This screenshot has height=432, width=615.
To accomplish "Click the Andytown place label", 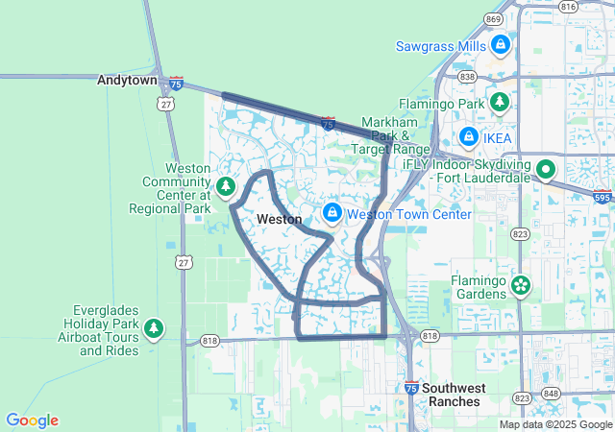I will click(127, 81).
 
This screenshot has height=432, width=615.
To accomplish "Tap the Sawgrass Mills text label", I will click(442, 46).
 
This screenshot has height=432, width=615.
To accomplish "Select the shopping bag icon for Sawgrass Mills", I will click(500, 45).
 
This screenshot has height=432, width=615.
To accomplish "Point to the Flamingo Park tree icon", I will click(499, 101).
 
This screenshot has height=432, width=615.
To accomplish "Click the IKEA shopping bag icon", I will click(468, 137).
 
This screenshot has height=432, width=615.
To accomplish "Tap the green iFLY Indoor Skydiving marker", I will click(546, 170).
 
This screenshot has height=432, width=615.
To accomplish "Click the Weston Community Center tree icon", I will click(225, 186).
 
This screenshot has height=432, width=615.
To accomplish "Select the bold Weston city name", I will click(280, 220).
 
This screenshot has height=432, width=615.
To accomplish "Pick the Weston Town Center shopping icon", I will click(332, 212).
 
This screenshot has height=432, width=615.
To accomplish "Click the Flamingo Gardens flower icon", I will click(521, 284).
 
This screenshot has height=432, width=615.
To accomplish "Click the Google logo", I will click(33, 420).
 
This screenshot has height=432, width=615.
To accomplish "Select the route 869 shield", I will click(494, 19).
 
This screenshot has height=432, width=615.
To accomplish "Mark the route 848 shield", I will click(550, 394).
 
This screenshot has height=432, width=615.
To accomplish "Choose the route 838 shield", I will click(468, 76).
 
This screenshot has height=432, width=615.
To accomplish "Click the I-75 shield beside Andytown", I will click(176, 83).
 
